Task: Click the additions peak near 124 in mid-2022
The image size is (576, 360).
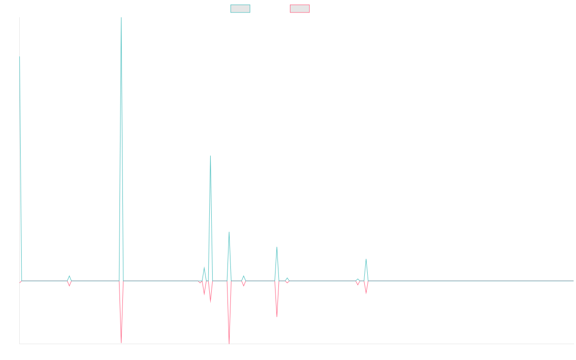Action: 210,156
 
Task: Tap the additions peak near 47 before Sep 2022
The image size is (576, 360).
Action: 229,232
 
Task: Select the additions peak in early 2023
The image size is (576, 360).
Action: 276,248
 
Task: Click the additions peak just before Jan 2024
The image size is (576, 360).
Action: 366,260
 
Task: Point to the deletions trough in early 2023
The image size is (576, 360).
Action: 276,316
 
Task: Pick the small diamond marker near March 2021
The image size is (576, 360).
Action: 69,281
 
